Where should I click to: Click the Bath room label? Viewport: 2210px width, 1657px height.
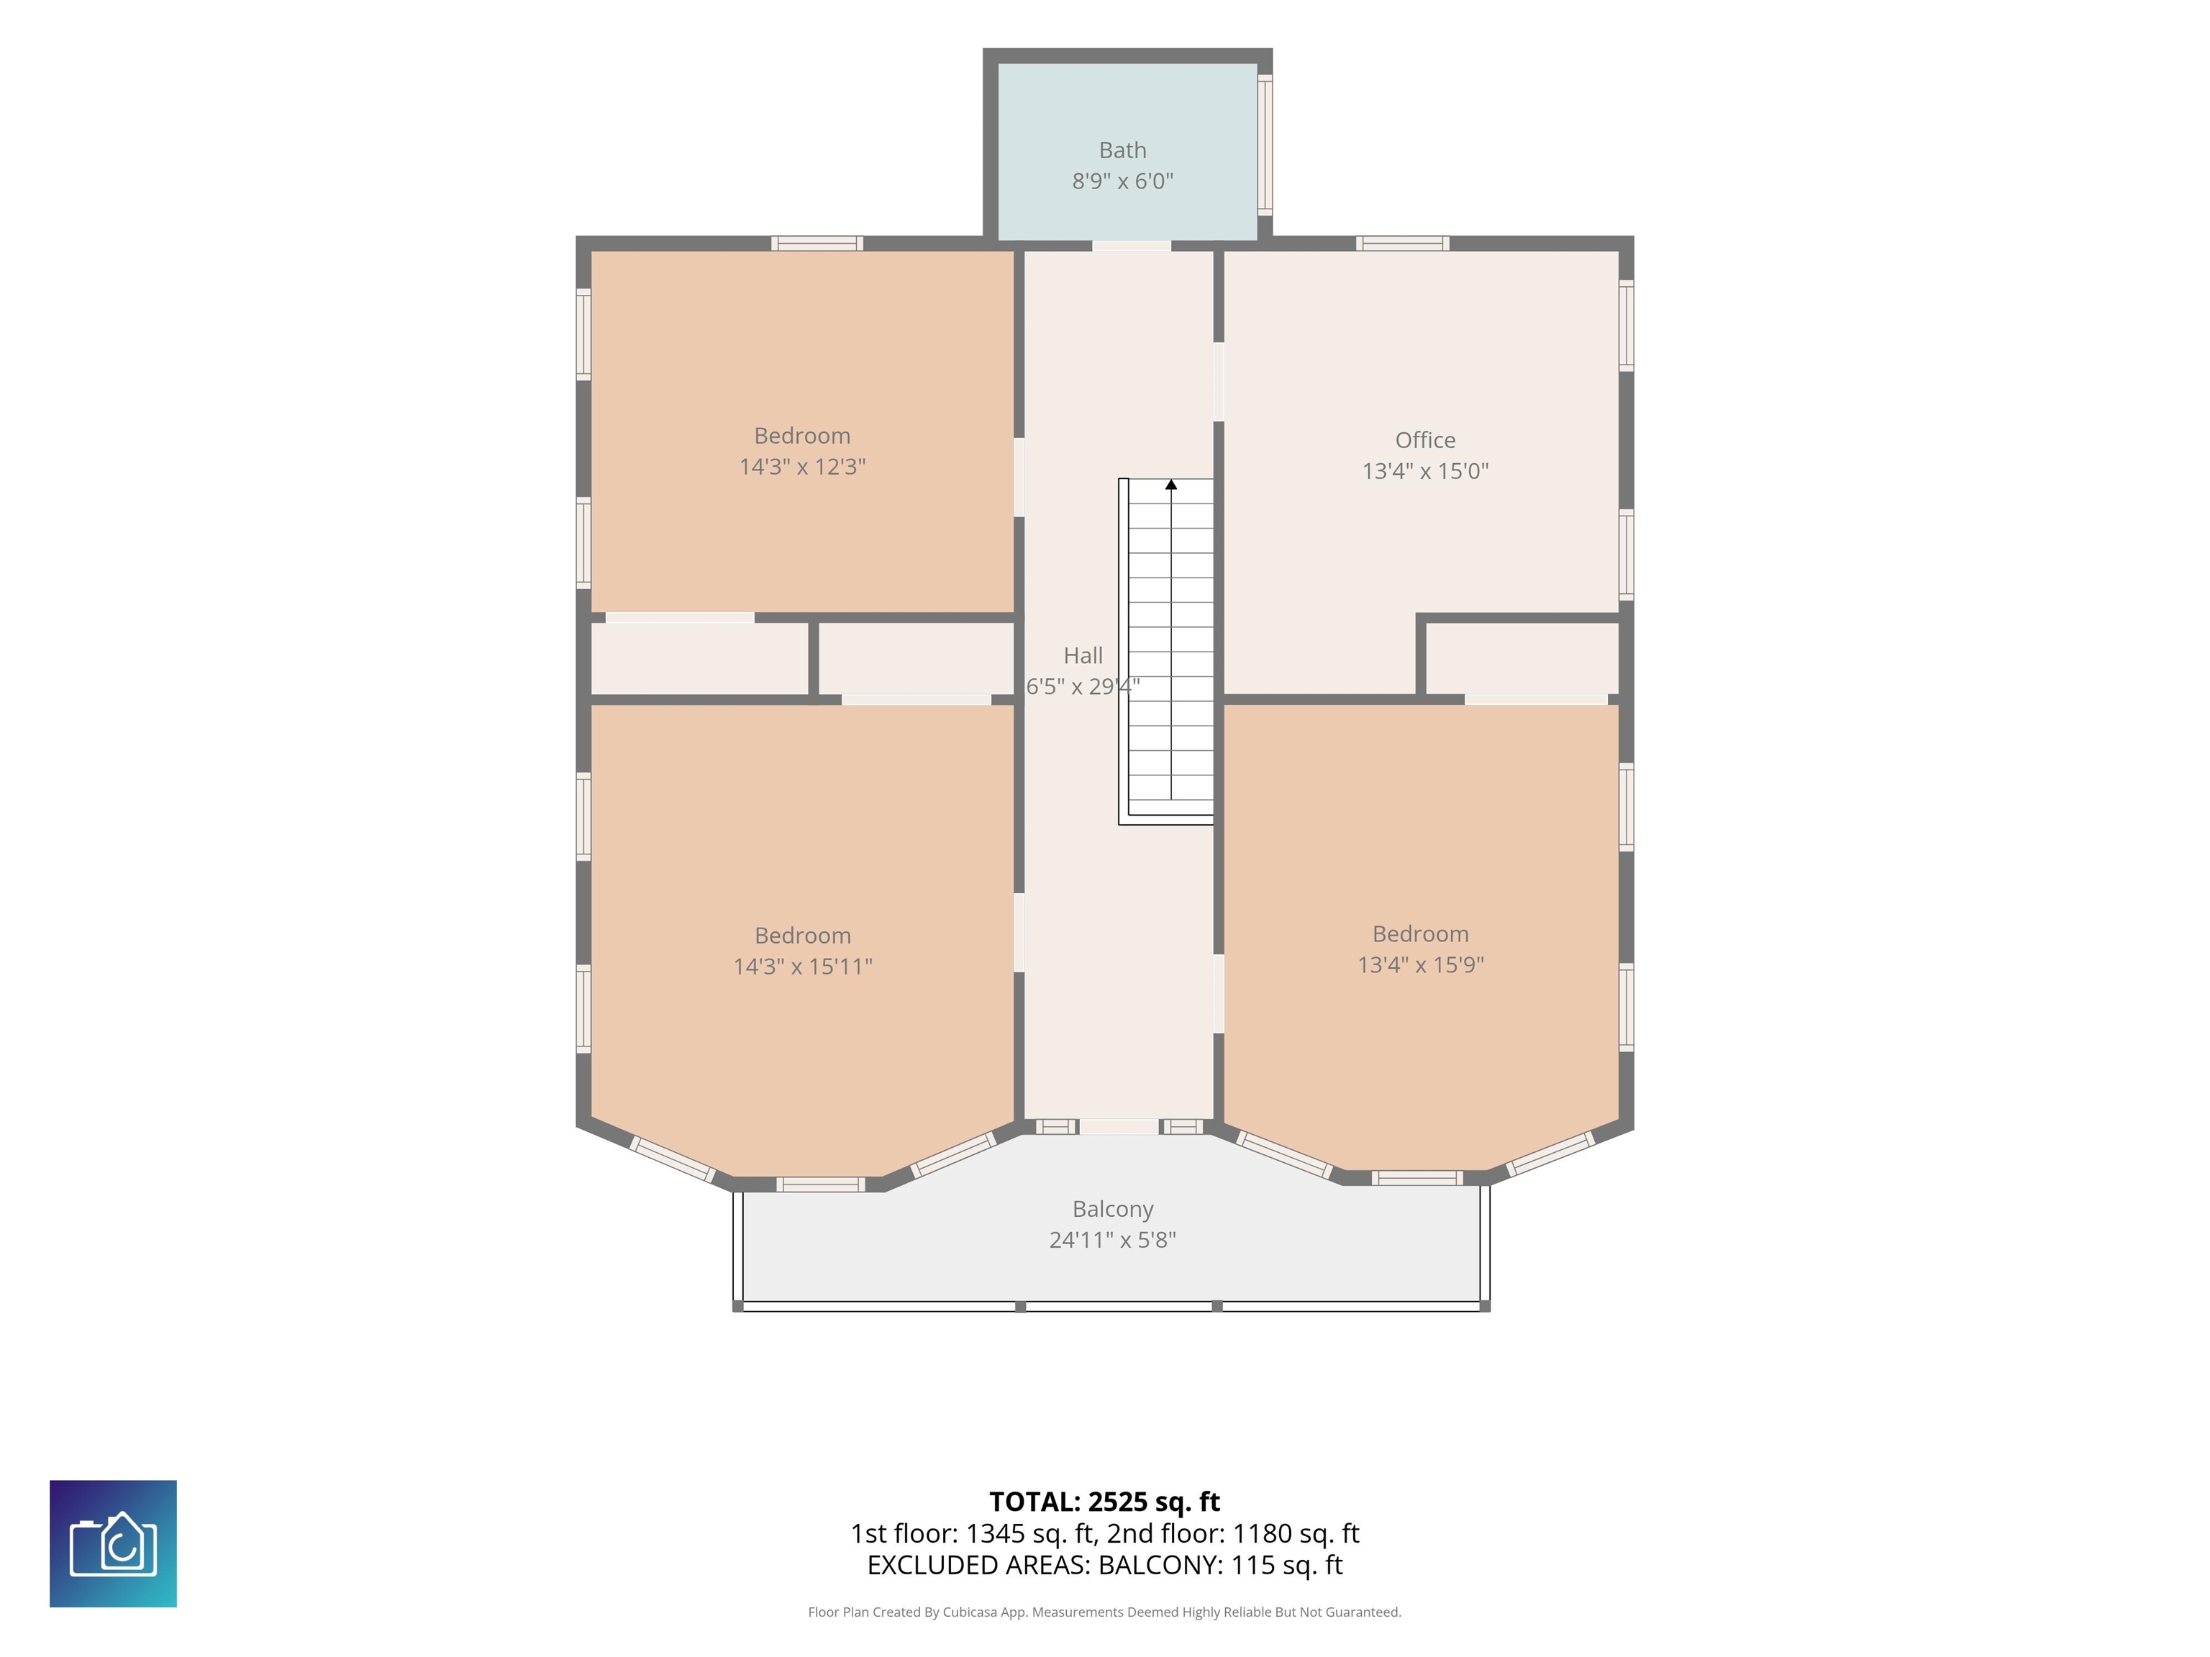pos(1122,150)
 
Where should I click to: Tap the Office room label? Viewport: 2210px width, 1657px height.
pos(1424,439)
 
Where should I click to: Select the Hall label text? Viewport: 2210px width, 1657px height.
pos(1083,655)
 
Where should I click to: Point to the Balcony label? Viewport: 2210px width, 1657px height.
pos(1113,1208)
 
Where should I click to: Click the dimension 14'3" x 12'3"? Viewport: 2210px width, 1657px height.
pos(802,467)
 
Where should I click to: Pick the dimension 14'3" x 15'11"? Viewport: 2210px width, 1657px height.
pos(802,966)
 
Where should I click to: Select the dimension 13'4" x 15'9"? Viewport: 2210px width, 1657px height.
pos(1419,964)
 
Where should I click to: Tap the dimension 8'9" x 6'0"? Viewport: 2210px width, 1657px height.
pos(1122,181)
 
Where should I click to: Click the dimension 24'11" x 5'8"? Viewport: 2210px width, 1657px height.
pos(1112,1239)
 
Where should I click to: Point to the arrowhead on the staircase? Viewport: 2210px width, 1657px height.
pos(1171,485)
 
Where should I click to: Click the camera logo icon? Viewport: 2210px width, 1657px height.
pos(113,1543)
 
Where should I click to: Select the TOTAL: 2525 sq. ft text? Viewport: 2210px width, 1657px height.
pos(1104,1501)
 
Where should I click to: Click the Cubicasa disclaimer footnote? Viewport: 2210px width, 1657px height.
pos(1104,1611)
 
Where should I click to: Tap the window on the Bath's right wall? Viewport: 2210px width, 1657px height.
pos(1265,144)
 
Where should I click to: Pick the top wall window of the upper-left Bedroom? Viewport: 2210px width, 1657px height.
pos(817,242)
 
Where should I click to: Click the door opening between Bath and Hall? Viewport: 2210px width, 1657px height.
pos(1131,246)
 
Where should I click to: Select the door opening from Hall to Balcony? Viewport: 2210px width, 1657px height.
pos(1119,1127)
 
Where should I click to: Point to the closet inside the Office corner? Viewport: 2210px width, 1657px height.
pos(1522,658)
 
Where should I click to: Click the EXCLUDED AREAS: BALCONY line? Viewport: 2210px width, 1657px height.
pos(1104,1564)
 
